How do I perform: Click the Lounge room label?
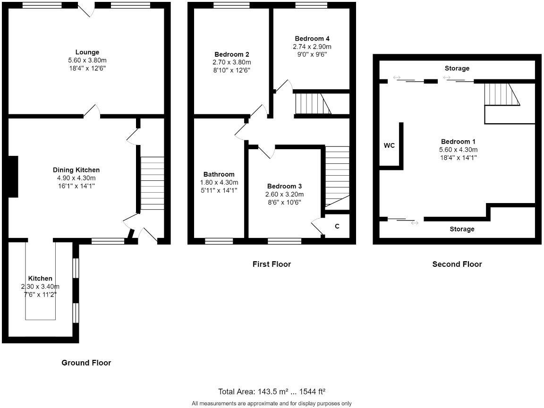click(x=87, y=52)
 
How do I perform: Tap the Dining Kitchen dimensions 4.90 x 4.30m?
click(x=76, y=178)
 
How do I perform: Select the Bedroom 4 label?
click(x=312, y=39)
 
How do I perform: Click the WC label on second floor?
click(x=389, y=145)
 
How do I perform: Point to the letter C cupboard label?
click(x=337, y=226)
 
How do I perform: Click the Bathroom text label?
click(x=219, y=174)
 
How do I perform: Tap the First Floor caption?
click(x=272, y=264)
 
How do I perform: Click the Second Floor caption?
click(x=457, y=264)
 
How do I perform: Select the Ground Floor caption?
click(x=86, y=363)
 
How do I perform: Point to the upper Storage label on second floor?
click(x=457, y=68)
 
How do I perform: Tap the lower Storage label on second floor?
click(x=461, y=229)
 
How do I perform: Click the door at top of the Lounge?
click(x=86, y=10)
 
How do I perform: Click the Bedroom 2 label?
click(x=231, y=54)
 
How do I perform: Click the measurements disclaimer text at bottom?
click(x=272, y=403)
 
